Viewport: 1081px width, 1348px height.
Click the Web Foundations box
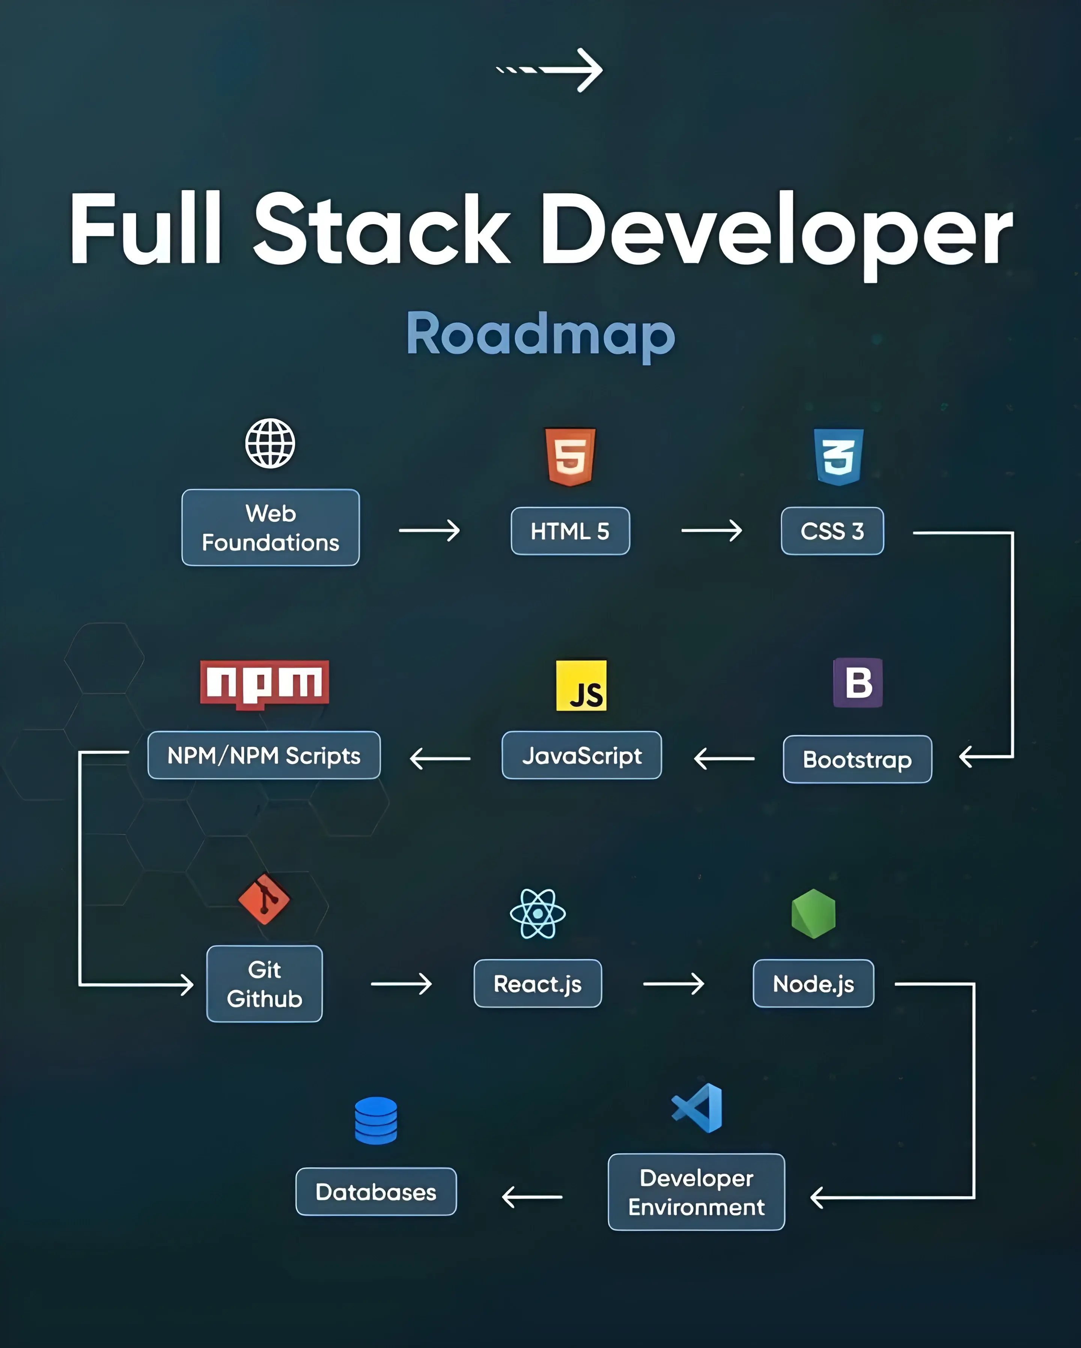pyautogui.click(x=270, y=528)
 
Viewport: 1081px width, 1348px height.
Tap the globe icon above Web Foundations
pyautogui.click(x=270, y=443)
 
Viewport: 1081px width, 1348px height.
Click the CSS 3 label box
pyautogui.click(x=832, y=531)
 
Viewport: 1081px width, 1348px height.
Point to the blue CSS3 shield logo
pyautogui.click(x=839, y=456)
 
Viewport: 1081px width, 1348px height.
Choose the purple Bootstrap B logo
pyautogui.click(x=858, y=682)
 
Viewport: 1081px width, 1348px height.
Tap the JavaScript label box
pyautogui.click(x=581, y=755)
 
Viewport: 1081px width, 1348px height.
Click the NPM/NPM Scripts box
pyautogui.click(x=264, y=755)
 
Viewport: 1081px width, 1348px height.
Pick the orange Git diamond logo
pyautogui.click(x=264, y=899)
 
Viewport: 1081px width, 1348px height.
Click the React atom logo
pyautogui.click(x=538, y=913)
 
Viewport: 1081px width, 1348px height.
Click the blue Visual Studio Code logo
pyautogui.click(x=698, y=1108)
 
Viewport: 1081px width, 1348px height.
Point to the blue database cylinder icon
pyautogui.click(x=376, y=1121)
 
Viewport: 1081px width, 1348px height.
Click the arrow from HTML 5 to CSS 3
pyautogui.click(x=712, y=531)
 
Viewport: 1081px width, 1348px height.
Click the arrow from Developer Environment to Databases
pyautogui.click(x=532, y=1197)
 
